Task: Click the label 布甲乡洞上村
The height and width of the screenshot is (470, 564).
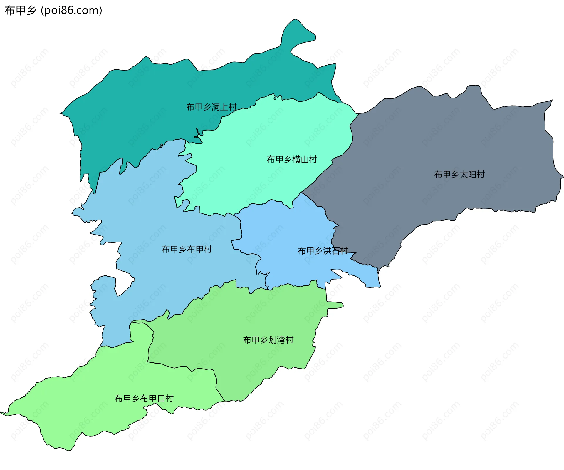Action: [x=211, y=107]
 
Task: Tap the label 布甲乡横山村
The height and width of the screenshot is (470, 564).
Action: [x=292, y=160]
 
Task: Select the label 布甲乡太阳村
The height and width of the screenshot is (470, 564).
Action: [x=459, y=175]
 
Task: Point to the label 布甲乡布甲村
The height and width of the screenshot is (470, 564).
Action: [x=187, y=250]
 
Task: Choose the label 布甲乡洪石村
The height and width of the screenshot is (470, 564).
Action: [x=323, y=251]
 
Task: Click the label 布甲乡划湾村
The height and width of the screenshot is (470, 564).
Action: [x=268, y=340]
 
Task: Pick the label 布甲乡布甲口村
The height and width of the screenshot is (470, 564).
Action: [x=144, y=399]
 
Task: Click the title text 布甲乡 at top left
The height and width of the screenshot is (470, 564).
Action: [x=20, y=11]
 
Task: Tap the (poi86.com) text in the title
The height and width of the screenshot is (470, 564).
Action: [x=72, y=11]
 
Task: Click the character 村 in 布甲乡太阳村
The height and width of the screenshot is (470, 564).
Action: [x=481, y=175]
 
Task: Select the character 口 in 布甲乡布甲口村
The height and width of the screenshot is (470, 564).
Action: [x=161, y=399]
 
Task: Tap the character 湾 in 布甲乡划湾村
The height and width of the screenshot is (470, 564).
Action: [x=281, y=340]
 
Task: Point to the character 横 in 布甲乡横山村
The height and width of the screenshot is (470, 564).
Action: [x=296, y=160]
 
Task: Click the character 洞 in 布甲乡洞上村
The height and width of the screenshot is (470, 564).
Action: [x=216, y=107]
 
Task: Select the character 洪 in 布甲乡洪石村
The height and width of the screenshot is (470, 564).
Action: [x=327, y=251]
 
